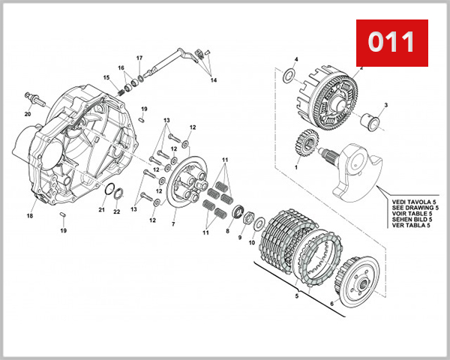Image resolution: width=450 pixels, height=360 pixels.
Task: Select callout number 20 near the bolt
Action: click(x=27, y=115)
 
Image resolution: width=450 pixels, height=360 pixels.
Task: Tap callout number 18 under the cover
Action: click(x=30, y=215)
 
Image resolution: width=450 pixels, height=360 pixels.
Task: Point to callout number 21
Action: click(x=102, y=210)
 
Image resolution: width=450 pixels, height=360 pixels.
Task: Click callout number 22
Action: click(x=116, y=212)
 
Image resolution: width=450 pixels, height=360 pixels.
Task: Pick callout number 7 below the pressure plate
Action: click(x=172, y=224)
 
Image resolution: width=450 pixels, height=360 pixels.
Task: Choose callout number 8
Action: click(x=228, y=232)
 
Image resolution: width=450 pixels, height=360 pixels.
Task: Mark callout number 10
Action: click(x=252, y=241)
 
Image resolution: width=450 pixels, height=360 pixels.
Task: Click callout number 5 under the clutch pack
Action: click(x=297, y=296)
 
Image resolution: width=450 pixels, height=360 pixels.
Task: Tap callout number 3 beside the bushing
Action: click(x=385, y=105)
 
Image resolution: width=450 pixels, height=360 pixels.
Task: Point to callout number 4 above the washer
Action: click(x=295, y=58)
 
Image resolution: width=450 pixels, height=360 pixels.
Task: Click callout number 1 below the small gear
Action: click(x=296, y=168)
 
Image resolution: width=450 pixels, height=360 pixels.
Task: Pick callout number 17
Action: click(x=139, y=58)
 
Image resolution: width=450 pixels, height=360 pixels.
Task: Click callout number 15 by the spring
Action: click(x=106, y=77)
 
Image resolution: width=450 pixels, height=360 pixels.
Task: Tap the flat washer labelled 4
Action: click(x=288, y=76)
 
